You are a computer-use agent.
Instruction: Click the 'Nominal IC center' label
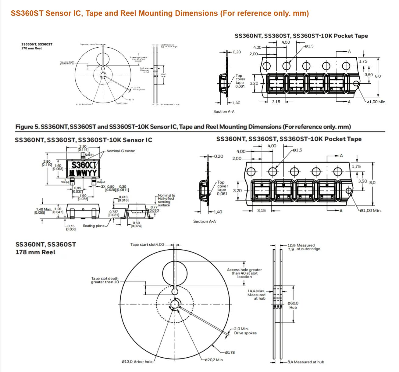(121, 151)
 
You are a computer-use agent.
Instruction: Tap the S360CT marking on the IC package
(84, 165)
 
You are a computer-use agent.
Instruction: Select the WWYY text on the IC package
(86, 173)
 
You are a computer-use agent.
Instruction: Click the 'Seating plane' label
(94, 226)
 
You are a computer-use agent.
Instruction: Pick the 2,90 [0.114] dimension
(83, 148)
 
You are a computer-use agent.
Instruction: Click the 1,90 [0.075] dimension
(83, 197)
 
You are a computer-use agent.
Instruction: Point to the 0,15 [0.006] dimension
(71, 228)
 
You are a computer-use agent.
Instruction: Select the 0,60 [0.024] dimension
(136, 225)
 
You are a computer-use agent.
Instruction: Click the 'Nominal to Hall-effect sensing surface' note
(166, 200)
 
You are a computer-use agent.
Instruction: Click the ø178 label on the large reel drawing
(230, 352)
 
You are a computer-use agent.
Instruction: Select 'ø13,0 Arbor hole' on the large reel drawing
(137, 362)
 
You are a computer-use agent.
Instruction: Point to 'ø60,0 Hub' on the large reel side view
(293, 305)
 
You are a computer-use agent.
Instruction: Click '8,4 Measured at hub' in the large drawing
(306, 362)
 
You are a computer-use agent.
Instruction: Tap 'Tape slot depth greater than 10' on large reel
(105, 280)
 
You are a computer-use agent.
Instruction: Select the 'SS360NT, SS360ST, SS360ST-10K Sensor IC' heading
(84, 140)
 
